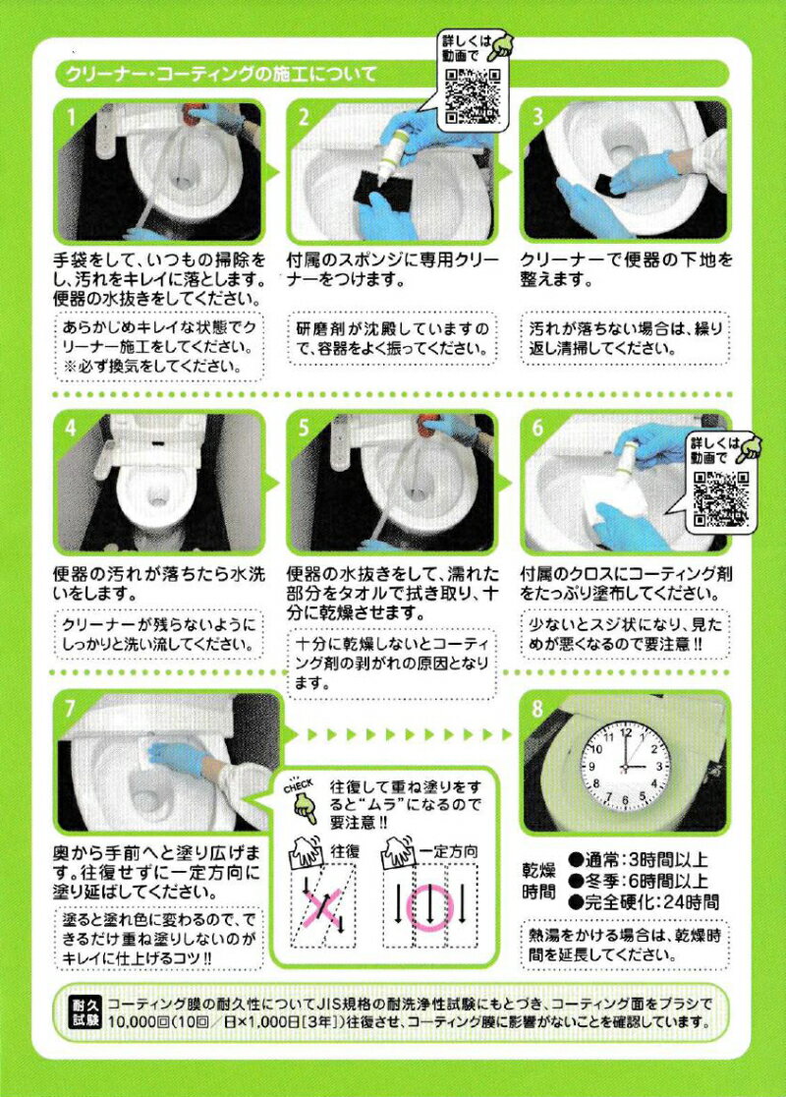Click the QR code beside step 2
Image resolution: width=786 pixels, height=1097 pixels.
point(473,96)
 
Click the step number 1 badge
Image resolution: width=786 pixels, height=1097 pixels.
point(71,116)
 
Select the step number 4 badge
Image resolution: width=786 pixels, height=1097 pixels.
point(71,427)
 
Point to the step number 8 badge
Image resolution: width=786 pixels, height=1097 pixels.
point(537,709)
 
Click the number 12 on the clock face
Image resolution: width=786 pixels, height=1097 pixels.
point(626,734)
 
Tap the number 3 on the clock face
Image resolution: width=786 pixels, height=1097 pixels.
point(659,768)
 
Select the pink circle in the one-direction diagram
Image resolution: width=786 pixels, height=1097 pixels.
point(430,907)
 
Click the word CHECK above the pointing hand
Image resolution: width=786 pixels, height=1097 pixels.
point(299,785)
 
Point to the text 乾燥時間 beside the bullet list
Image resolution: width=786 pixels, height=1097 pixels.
point(538,881)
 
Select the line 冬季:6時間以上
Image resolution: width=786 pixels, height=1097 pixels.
point(638,881)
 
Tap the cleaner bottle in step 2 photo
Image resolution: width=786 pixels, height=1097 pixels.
point(392,150)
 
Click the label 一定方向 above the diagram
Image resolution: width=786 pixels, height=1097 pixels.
point(448,851)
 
